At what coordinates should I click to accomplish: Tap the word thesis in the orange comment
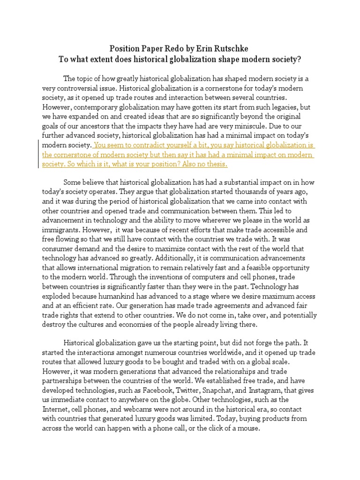point(216,165)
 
